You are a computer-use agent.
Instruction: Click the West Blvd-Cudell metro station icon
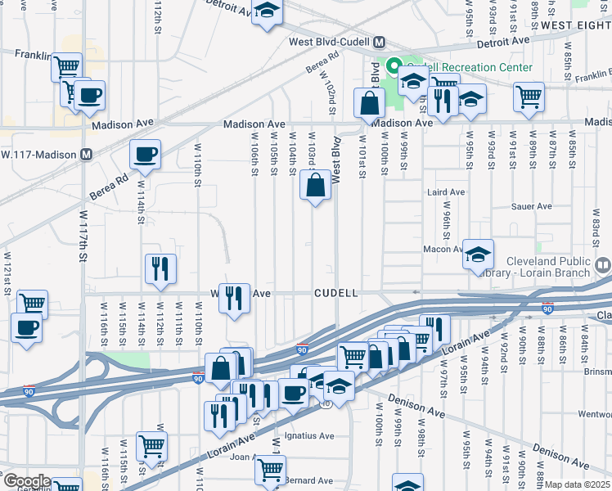tap(380, 42)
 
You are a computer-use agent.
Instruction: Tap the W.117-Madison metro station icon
tap(86, 154)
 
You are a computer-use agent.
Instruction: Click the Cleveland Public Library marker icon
tap(603, 264)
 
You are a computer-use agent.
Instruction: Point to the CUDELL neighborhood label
tap(336, 293)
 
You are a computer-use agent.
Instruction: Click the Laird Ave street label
tap(446, 192)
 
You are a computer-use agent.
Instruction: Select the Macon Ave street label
tap(443, 249)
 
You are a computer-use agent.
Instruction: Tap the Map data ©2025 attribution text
tap(578, 484)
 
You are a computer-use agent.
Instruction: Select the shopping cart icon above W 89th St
tap(529, 96)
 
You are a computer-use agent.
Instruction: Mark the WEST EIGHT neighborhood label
tap(576, 26)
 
